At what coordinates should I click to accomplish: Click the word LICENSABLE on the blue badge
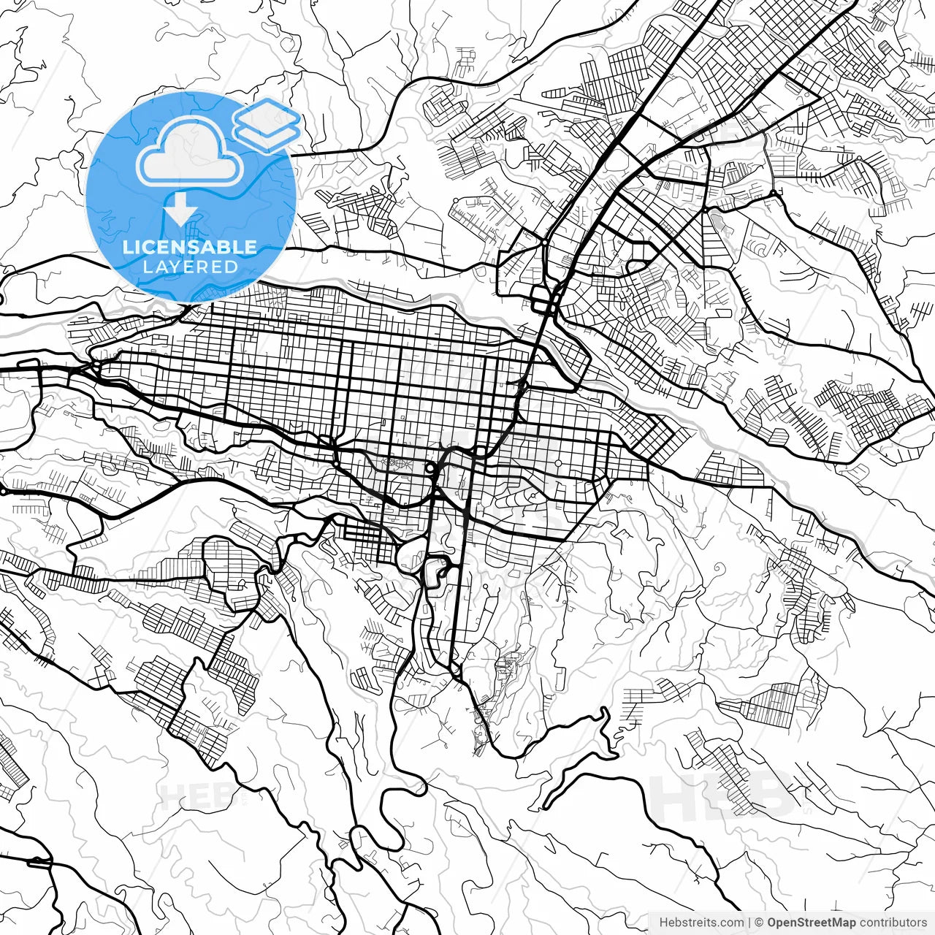[190, 247]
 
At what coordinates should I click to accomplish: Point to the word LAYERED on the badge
[190, 267]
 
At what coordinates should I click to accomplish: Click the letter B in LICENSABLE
[224, 247]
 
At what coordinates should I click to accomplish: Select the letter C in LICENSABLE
[149, 247]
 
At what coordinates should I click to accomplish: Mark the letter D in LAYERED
[232, 267]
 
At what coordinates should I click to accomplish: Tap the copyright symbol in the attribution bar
[759, 923]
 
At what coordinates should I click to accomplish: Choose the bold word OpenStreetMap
[812, 923]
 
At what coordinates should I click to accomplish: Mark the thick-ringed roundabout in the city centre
[431, 468]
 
